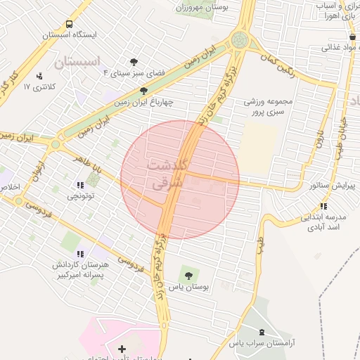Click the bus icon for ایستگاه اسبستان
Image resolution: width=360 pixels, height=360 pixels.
point(68,24)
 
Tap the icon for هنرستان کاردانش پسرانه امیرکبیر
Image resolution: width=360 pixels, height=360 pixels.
point(79,254)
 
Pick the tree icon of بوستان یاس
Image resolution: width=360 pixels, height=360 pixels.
point(188,272)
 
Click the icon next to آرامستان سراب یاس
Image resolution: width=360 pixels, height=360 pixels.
point(262,332)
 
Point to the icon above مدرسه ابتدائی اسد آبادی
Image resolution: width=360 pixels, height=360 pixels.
point(323,206)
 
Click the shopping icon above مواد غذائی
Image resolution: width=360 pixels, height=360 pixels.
point(351,37)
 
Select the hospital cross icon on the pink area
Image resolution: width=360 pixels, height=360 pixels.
point(122,349)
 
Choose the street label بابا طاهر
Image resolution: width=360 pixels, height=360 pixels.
point(87,161)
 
